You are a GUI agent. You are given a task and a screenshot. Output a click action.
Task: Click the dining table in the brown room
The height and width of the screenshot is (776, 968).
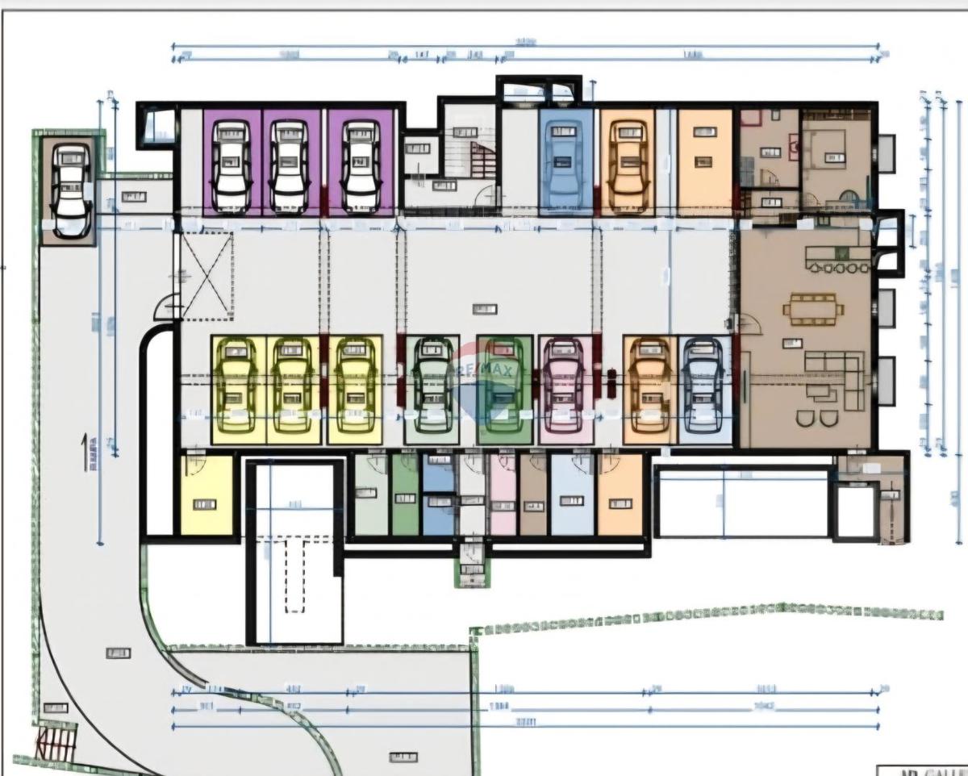(812, 307)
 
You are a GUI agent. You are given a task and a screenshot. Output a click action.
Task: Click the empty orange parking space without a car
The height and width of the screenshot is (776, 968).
(704, 161)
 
